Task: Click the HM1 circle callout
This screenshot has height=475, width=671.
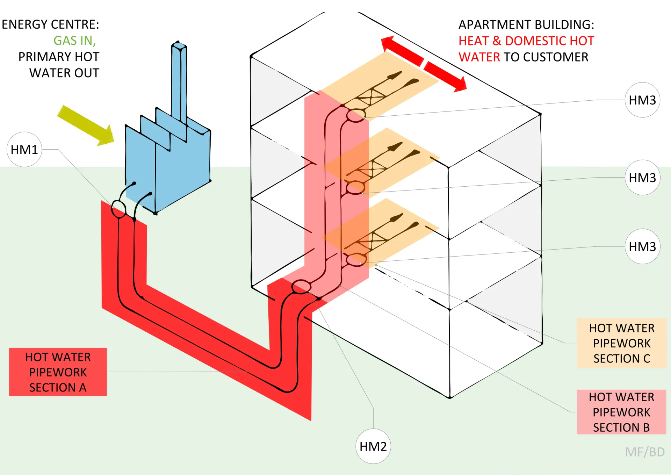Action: coord(24,150)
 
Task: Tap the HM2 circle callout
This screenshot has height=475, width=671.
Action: coord(373,446)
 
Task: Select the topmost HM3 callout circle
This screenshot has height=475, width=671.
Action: coord(642,100)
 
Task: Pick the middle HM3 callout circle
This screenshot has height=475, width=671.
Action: coord(642,178)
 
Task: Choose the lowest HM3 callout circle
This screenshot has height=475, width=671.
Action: coord(642,246)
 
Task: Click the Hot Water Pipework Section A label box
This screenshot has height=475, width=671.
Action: coord(58,372)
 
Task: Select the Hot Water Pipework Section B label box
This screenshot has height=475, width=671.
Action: coord(621,412)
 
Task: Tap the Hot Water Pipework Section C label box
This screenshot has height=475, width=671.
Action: coord(621,343)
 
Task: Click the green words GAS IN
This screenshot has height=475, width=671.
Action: coord(74,41)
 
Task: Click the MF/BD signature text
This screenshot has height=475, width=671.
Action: coord(645,452)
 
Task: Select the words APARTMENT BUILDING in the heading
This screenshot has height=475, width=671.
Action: coord(526,24)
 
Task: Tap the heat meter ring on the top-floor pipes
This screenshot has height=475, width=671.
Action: coord(356,115)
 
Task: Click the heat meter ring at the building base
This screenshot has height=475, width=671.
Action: coord(301,287)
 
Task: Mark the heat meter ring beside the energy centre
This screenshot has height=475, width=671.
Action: coord(118,209)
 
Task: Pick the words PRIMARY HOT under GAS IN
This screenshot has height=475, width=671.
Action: coord(59,57)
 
